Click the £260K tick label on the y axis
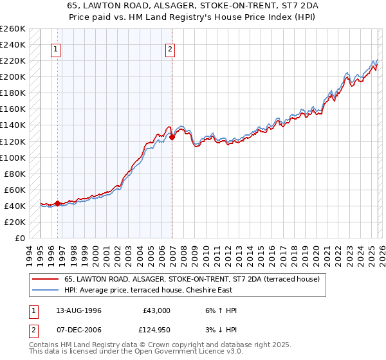pyautogui.click(x=13, y=29)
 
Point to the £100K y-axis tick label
pyautogui.click(x=13, y=157)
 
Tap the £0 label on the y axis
pyautogui.click(x=19, y=238)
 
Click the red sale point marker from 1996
pyautogui.click(x=57, y=203)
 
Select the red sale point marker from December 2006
pyautogui.click(x=172, y=137)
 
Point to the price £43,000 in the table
pyautogui.click(x=156, y=310)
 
